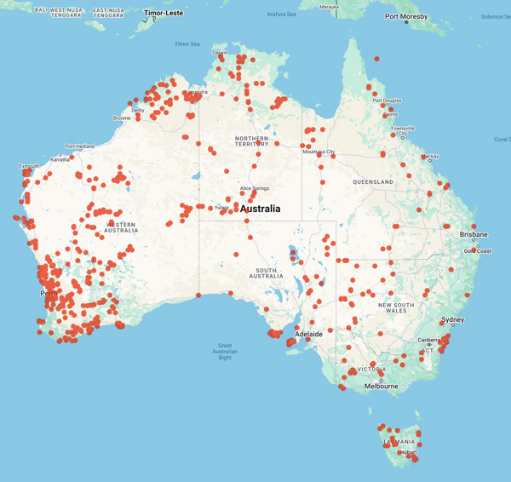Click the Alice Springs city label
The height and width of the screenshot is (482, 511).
point(256,187)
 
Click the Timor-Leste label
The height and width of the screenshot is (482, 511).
point(164,14)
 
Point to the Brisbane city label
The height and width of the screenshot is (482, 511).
point(474,234)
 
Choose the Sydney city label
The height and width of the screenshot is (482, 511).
point(453,320)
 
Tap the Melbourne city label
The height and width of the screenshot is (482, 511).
point(381,386)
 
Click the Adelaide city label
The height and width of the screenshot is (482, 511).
point(307,335)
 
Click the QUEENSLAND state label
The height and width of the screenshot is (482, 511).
point(373,182)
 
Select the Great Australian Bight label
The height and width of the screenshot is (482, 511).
point(225,351)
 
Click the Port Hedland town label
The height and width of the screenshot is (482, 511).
point(81,146)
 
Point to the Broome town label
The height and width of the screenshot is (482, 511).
point(122,118)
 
